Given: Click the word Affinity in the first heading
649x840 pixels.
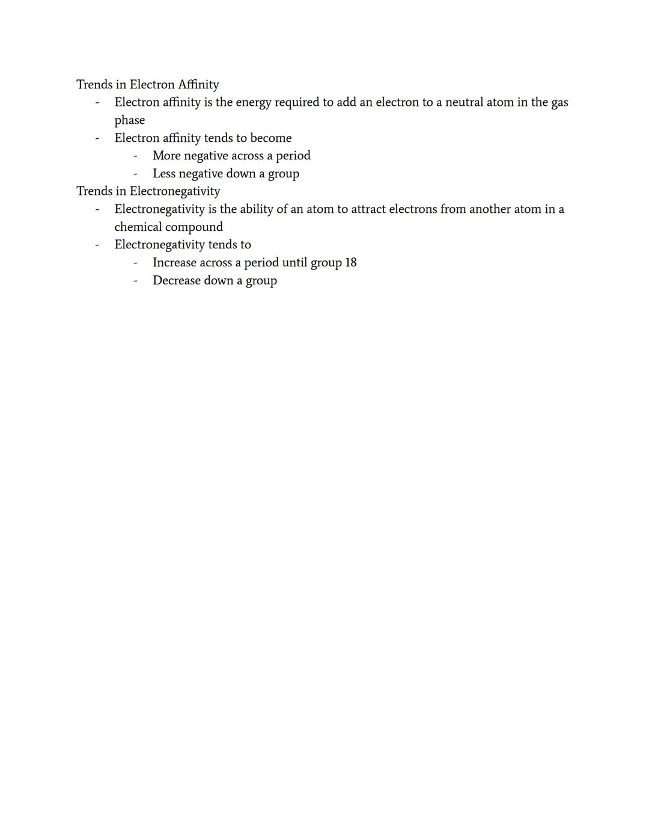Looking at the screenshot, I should [198, 85].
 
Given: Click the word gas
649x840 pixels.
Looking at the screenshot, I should [559, 103].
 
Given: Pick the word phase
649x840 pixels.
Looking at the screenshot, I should [130, 121].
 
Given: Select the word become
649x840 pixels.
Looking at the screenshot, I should [270, 138].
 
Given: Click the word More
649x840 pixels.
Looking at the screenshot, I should [166, 156].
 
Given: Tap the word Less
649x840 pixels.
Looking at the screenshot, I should [164, 174].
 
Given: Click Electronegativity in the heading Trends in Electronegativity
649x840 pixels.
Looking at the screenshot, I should [175, 192].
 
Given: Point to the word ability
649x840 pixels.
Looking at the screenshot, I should [256, 209].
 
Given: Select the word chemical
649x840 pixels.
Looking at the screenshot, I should [138, 227].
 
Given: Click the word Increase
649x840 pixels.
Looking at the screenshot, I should [174, 263].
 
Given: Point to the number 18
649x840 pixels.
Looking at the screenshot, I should [351, 263].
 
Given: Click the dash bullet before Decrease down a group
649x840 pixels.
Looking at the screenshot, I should [136, 281].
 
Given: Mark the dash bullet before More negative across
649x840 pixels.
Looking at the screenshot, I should [136, 156].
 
